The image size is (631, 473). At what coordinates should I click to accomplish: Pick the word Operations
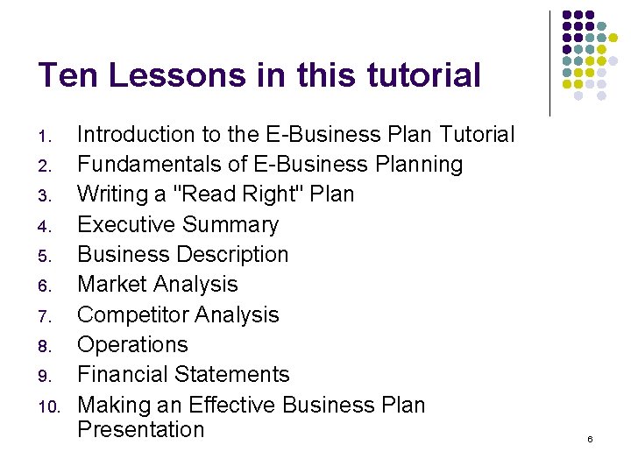132,345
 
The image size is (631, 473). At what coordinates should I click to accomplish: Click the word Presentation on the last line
140,429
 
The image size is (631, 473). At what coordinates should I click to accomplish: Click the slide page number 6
590,438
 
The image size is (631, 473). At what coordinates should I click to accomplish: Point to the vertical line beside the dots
549,63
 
